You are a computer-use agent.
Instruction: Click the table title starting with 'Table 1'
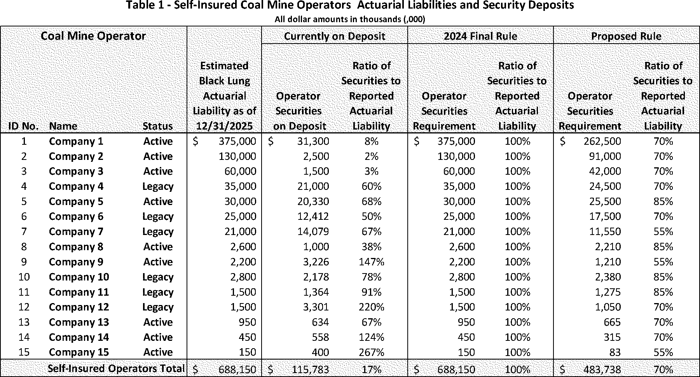[x=350, y=5]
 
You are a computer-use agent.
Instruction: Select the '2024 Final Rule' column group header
[x=480, y=36]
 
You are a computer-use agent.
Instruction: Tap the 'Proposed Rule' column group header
[x=626, y=36]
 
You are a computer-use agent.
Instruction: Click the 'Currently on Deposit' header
[x=335, y=36]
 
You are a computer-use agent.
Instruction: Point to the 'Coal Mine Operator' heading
[x=93, y=36]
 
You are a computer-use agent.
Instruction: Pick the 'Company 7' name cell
[x=76, y=231]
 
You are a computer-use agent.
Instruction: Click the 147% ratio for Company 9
[x=372, y=262]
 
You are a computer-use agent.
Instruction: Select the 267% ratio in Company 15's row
[x=372, y=352]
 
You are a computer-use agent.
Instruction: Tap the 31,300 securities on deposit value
[x=313, y=141]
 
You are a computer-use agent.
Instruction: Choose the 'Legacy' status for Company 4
[x=158, y=186]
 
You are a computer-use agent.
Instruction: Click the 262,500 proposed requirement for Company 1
[x=602, y=141]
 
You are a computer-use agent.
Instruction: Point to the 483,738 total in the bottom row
[x=602, y=369]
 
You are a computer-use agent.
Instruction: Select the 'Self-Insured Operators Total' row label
[x=116, y=368]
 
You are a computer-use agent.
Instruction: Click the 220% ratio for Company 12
[x=372, y=307]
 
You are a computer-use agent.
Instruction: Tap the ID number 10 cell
[x=24, y=277]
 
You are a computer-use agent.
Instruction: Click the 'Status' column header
[x=158, y=126]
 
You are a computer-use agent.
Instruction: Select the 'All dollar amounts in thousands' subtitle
[x=350, y=19]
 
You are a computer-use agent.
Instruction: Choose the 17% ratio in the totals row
[x=372, y=369]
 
